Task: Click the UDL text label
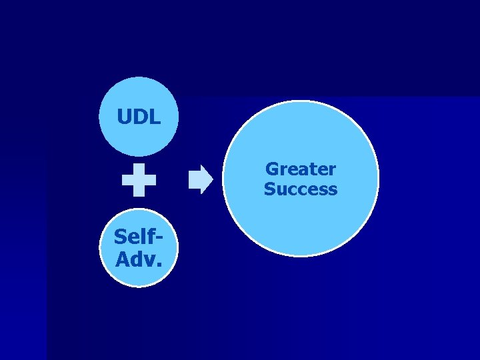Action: (x=139, y=118)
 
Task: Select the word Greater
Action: (x=300, y=169)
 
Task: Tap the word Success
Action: (x=300, y=189)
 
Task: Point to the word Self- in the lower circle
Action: (x=139, y=237)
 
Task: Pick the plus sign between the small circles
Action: (x=139, y=180)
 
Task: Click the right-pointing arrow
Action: (x=200, y=180)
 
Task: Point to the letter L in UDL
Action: (x=155, y=118)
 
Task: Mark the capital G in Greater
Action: (x=272, y=169)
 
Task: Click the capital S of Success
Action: (x=269, y=189)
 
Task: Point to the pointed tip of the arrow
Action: (x=211, y=180)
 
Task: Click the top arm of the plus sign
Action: (x=139, y=169)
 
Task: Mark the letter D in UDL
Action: (x=139, y=118)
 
